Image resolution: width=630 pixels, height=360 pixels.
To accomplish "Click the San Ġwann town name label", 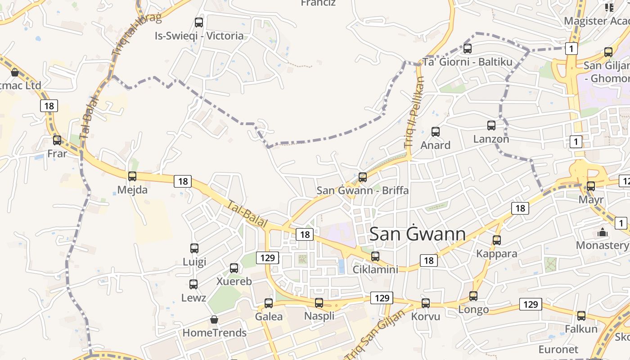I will (x=417, y=234).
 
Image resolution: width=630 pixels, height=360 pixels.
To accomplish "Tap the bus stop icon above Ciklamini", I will (x=375, y=256).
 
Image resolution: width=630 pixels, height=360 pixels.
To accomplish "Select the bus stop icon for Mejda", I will (x=132, y=176).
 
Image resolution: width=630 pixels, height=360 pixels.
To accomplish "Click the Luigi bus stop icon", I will (x=194, y=248).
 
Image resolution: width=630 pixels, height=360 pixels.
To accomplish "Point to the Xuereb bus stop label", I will (x=234, y=282).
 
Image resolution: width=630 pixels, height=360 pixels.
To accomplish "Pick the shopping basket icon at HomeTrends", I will (x=214, y=319).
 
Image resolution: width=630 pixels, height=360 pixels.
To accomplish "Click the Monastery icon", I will (x=602, y=233).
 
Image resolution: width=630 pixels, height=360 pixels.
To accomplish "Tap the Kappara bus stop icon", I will (x=496, y=240).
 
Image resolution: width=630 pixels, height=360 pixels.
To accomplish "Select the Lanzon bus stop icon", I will (x=491, y=126).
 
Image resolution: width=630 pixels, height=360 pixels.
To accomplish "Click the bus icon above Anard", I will (x=435, y=132).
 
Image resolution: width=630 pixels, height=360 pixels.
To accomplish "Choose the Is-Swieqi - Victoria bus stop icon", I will (x=198, y=22).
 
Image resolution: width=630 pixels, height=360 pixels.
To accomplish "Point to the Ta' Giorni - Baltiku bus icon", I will (x=468, y=49).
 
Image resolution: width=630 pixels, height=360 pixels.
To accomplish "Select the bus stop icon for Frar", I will (x=57, y=140).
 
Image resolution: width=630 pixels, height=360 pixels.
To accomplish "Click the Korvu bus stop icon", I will (x=425, y=303).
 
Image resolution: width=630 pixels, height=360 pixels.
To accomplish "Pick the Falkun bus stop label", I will (x=581, y=329).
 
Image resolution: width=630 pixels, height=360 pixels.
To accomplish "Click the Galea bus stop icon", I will (x=269, y=303).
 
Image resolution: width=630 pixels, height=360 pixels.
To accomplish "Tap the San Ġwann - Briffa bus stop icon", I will (x=362, y=177).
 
